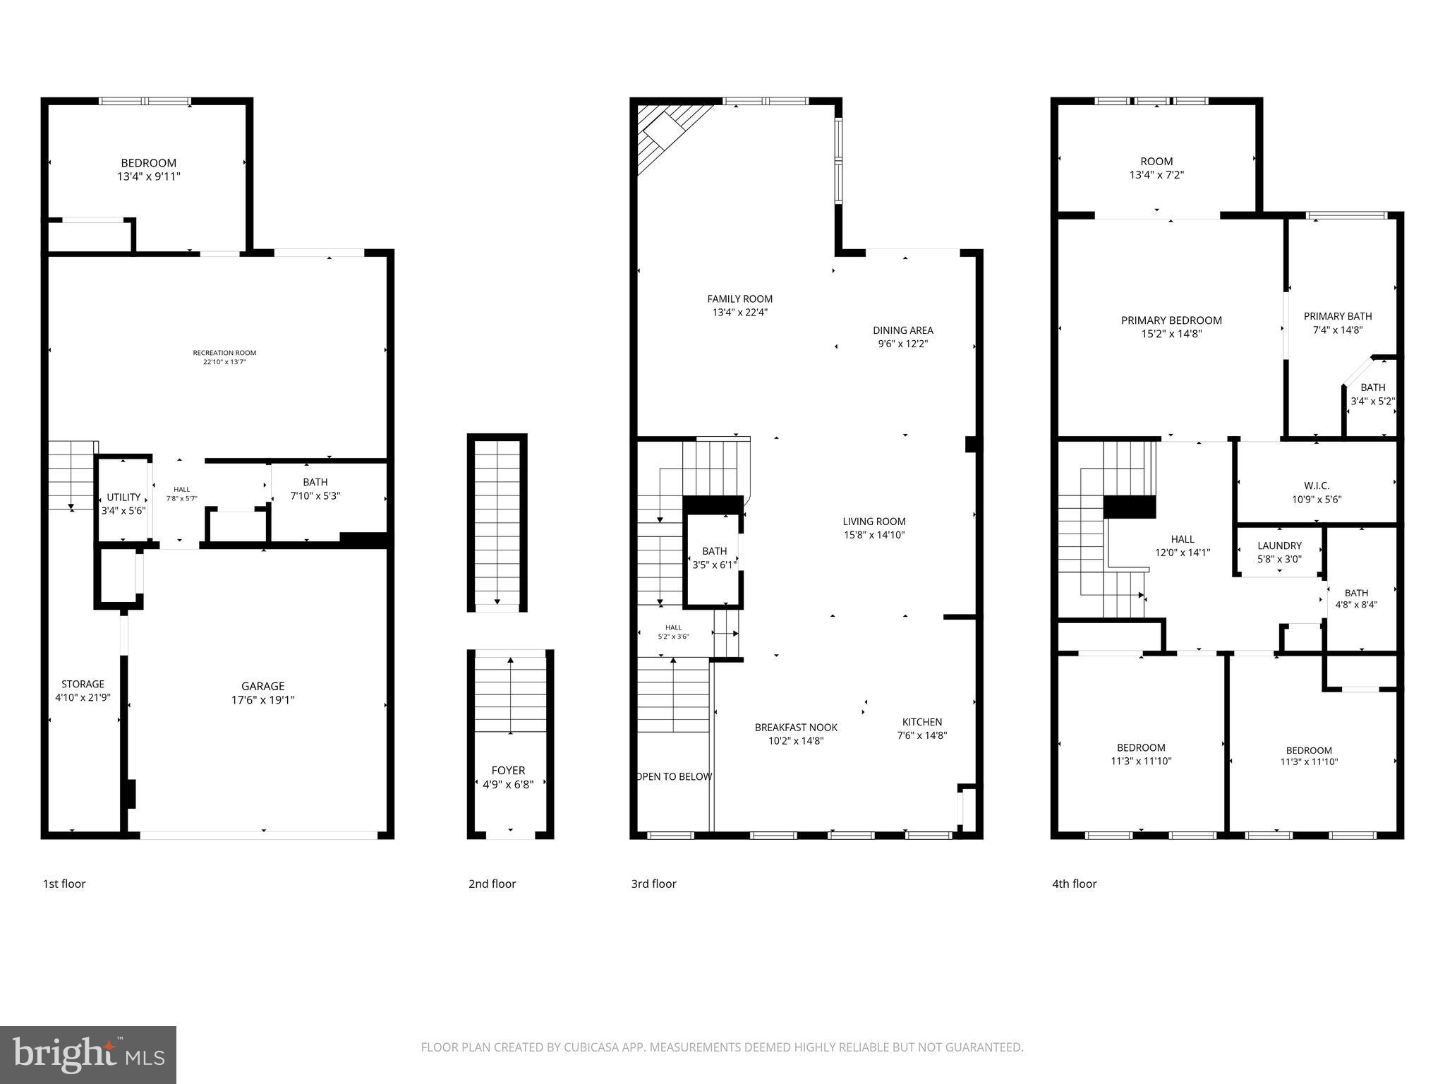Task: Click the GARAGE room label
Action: coord(263,686)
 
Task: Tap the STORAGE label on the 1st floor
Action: coord(83,684)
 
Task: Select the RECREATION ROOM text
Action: coord(224,353)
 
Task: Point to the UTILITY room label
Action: coord(123,498)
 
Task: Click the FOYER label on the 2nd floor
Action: coord(508,771)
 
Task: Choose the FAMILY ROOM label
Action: coord(739,299)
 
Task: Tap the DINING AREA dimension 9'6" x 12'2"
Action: coord(902,344)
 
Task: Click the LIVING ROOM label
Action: coord(873,522)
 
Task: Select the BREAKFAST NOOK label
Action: coord(796,728)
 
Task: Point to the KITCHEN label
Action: coord(921,722)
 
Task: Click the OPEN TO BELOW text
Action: coord(675,777)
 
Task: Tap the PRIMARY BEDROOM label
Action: coord(1171,320)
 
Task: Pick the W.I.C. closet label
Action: coord(1317,486)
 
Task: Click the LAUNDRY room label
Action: coord(1279,546)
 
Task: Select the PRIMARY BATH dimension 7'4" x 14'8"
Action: coord(1337,330)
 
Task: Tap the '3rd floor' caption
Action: coord(653,884)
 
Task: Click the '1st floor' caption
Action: coord(64,884)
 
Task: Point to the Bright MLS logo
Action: coord(88,1054)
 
